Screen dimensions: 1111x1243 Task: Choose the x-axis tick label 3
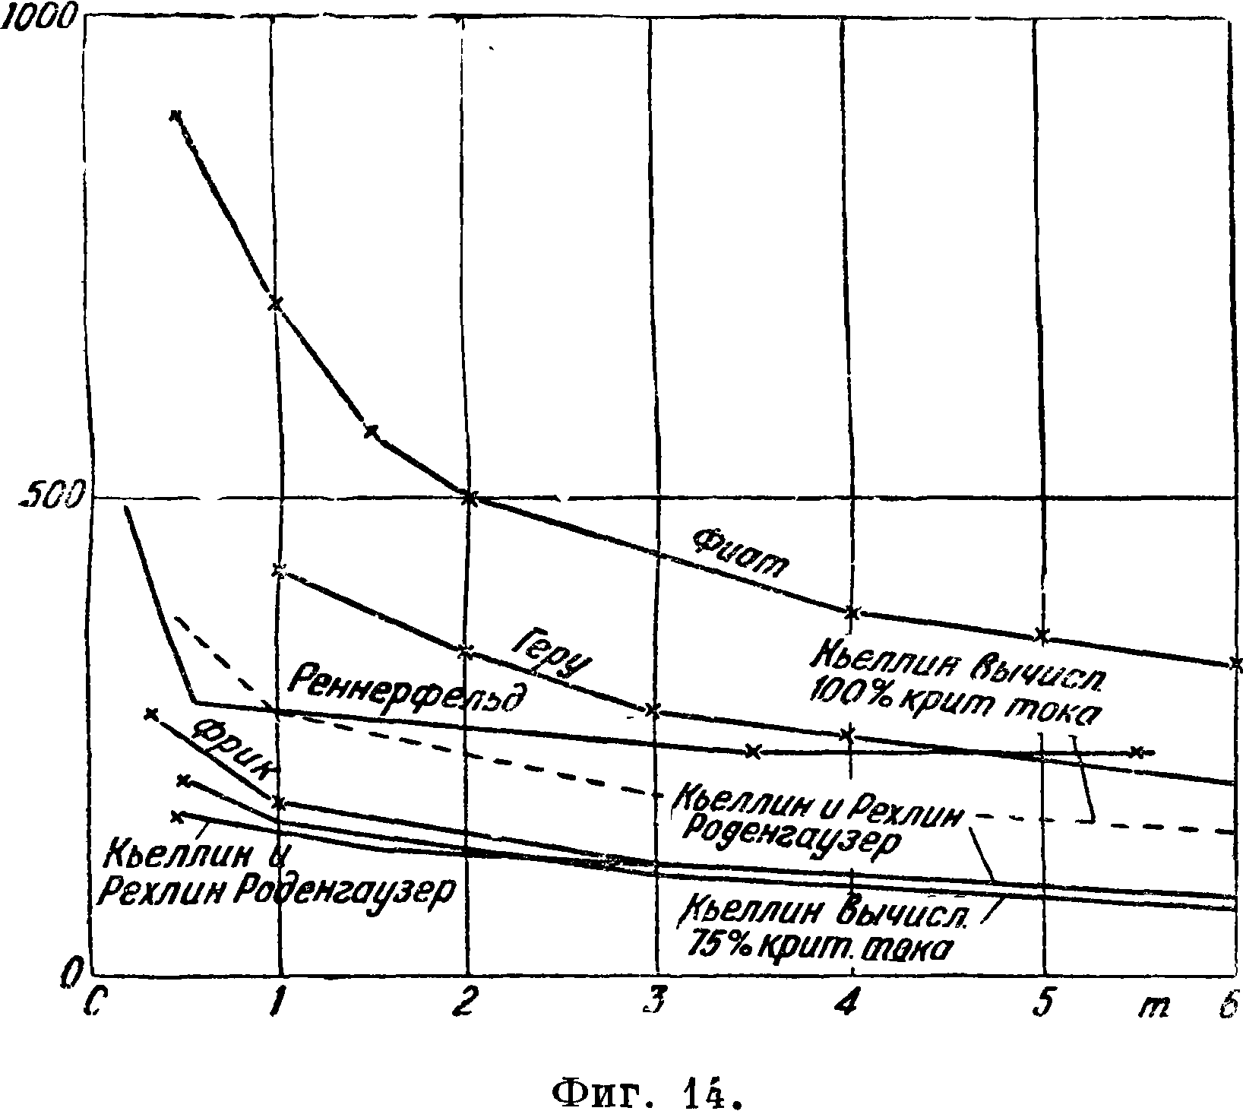(x=653, y=1005)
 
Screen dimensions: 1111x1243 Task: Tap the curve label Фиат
(x=740, y=554)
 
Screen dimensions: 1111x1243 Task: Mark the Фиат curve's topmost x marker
(x=176, y=116)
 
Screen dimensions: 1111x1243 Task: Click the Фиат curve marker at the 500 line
(x=469, y=499)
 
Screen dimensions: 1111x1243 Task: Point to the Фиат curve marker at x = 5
(x=1043, y=635)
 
